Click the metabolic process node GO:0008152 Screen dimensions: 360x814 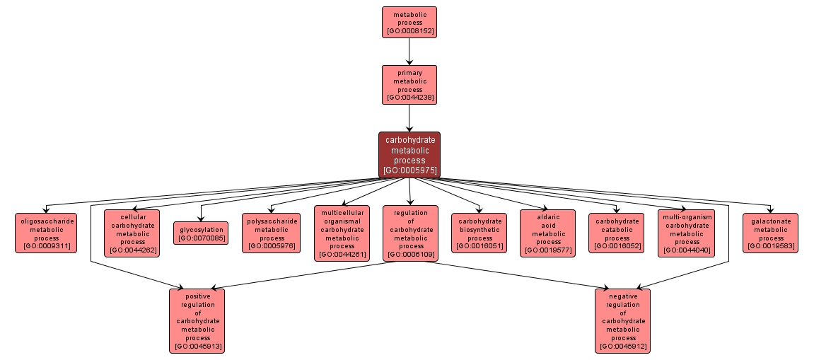click(x=409, y=22)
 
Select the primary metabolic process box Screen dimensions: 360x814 click(x=409, y=85)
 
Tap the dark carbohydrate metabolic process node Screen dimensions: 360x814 click(x=409, y=154)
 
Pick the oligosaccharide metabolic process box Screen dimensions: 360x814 click(x=46, y=233)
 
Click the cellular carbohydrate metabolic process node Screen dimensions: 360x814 click(x=132, y=233)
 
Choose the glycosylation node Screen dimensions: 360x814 click(x=201, y=233)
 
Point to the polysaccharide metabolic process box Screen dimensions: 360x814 click(x=272, y=233)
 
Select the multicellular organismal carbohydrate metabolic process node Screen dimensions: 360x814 click(x=342, y=233)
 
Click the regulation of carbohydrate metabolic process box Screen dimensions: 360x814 click(x=411, y=233)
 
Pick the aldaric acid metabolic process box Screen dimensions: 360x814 click(x=548, y=233)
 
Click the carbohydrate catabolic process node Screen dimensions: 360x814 click(x=617, y=233)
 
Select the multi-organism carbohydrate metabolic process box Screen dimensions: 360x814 click(x=686, y=233)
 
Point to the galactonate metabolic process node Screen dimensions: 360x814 click(x=770, y=233)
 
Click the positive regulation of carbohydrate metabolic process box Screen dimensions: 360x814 click(x=197, y=320)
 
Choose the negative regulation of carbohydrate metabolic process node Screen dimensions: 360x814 click(x=623, y=320)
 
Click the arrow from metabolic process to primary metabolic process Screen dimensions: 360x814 click(x=409, y=51)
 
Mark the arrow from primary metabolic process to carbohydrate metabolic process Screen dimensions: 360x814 click(x=409, y=118)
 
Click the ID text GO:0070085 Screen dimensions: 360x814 click(x=201, y=238)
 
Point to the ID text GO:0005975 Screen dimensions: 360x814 click(x=409, y=170)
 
